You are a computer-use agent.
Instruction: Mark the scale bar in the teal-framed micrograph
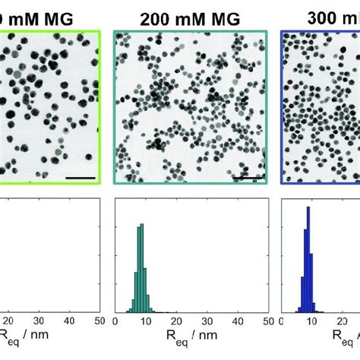[248, 178]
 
